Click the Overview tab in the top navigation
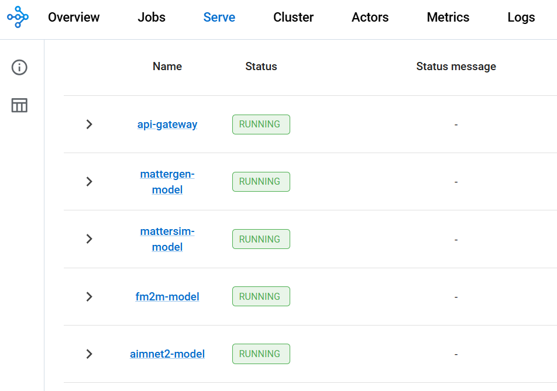pos(74,17)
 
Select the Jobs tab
pos(152,17)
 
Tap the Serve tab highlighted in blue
pos(219,17)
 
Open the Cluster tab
pos(294,17)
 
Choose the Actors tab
pos(370,17)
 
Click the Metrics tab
pos(448,17)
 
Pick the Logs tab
pos(521,17)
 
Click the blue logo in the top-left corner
pos(18,17)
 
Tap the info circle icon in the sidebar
pos(19,67)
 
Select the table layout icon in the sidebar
pos(19,105)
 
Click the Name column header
pos(167,67)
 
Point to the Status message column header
pos(456,67)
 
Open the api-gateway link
pos(167,124)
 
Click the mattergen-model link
pos(167,182)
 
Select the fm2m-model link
pos(167,296)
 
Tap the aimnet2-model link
pos(167,354)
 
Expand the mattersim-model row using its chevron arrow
pos(89,239)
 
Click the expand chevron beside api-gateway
pos(89,124)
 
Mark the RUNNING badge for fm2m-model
pos(261,296)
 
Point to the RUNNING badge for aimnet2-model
pos(261,354)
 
